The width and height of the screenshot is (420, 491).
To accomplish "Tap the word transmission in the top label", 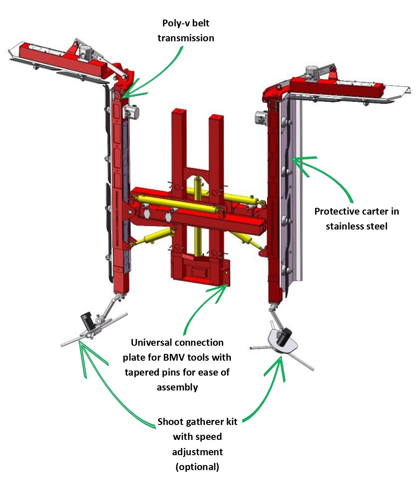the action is coord(186,38).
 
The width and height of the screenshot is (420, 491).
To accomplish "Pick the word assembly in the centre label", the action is coord(177,388).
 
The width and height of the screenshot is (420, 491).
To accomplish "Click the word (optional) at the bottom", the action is coord(197,467).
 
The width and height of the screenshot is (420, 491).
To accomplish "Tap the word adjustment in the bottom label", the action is coord(197,452).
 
